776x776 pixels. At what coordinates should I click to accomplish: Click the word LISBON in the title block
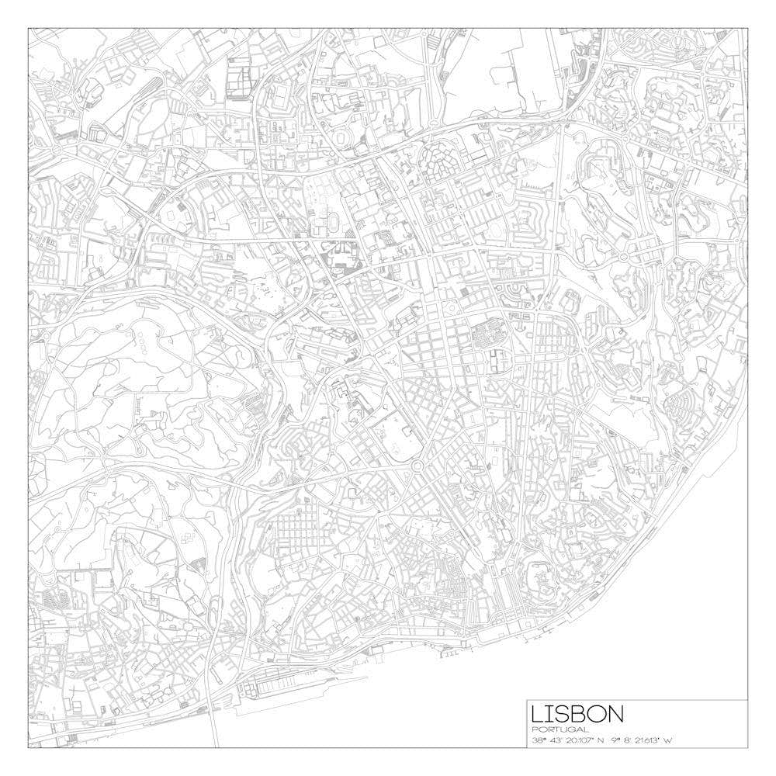[x=577, y=714]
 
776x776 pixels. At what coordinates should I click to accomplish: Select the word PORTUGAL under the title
[x=559, y=729]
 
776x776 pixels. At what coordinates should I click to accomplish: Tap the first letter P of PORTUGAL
[x=535, y=729]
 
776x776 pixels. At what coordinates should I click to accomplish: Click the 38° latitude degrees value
[x=539, y=740]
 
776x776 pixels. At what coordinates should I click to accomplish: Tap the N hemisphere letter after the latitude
[x=602, y=740]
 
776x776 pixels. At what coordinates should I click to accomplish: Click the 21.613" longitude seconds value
[x=651, y=740]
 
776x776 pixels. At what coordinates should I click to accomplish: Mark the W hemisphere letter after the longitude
[x=669, y=740]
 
